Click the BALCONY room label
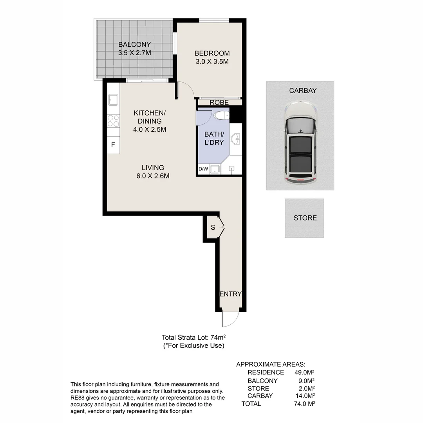pos(134,44)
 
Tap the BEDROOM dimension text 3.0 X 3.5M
pos(211,61)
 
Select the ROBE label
pos(219,103)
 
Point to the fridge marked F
pos(113,145)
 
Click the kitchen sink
pos(113,100)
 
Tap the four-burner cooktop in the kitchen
pos(113,121)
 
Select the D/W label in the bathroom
pos(203,169)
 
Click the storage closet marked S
pos(213,227)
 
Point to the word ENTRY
pos(230,294)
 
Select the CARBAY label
pos(303,90)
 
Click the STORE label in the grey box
pos(305,218)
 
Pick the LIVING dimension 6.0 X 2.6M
pos(153,176)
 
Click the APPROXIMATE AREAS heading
pos(271,364)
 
